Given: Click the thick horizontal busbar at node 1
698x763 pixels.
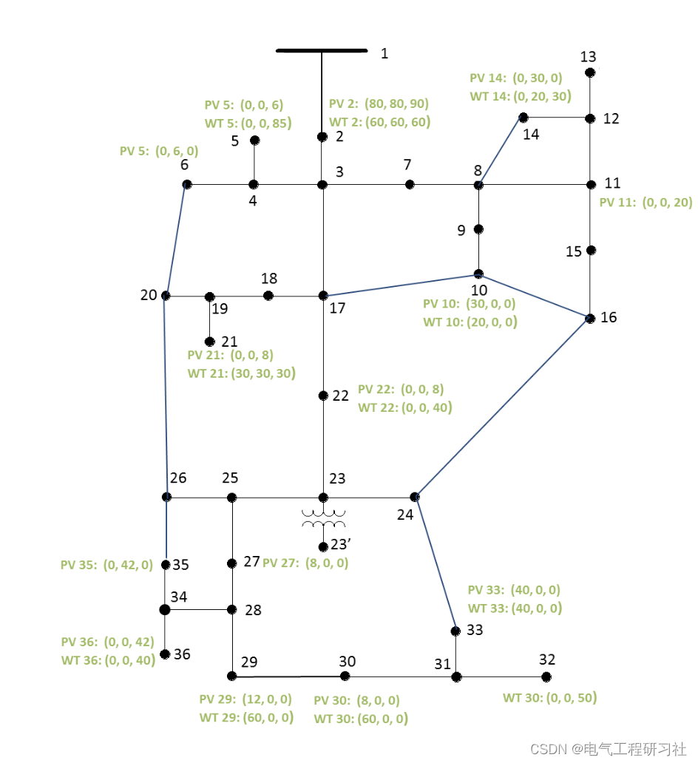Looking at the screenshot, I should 322,51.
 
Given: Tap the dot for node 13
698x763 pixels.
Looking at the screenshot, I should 590,72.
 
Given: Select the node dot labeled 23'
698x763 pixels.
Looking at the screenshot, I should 323,547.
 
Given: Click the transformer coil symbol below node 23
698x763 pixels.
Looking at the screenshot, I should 323,518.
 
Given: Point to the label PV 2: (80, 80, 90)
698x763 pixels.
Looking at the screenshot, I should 379,104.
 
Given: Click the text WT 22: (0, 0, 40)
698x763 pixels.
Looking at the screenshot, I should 404,407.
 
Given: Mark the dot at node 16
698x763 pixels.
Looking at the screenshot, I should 590,319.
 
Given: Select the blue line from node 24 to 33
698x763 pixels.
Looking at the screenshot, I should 436,564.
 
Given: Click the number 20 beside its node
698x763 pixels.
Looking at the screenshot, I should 149,295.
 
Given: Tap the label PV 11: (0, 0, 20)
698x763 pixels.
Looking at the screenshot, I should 646,203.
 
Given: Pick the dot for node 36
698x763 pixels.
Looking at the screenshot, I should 165,654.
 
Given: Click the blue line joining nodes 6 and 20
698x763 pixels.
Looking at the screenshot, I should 177,240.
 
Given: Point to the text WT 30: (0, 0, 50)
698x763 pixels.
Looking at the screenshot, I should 549,698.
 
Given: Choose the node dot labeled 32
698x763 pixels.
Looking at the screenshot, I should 546,676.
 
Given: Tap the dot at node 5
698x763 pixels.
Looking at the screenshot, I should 254,140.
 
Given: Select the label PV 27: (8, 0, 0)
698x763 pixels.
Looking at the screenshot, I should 305,563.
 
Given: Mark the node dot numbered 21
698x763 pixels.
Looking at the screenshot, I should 210,342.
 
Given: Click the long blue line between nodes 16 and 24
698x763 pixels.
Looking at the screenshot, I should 503,407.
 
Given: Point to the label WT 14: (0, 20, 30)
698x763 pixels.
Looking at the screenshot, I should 520,96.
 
